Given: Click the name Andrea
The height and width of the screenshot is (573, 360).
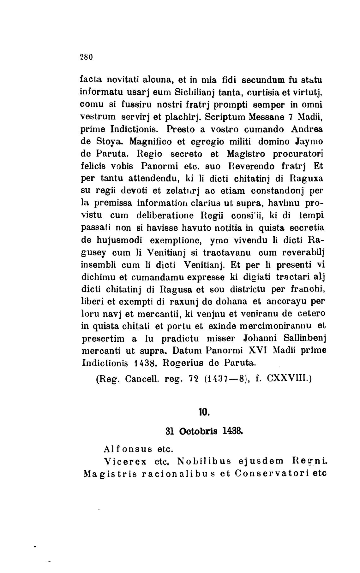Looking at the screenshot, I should pos(307,129).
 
